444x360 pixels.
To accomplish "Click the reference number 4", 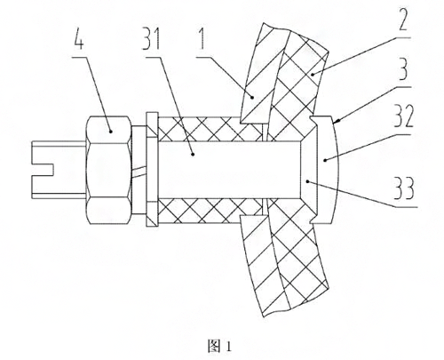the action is (x=78, y=39).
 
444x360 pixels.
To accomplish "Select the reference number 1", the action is (x=202, y=38).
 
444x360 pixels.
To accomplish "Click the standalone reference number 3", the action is (x=403, y=69).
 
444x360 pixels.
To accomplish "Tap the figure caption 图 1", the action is (x=219, y=346).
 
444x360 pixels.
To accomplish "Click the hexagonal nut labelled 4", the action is (x=108, y=170).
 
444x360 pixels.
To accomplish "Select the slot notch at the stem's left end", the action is (x=43, y=169).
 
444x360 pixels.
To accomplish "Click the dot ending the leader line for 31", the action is (x=193, y=154).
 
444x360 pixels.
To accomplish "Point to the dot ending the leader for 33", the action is (x=307, y=180).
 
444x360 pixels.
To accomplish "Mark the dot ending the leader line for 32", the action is (x=325, y=160).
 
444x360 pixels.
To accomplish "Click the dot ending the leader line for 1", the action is (x=252, y=97).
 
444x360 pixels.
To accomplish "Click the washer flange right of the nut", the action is (x=152, y=170).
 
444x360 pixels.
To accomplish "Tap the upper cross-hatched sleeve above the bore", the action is (x=210, y=129).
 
